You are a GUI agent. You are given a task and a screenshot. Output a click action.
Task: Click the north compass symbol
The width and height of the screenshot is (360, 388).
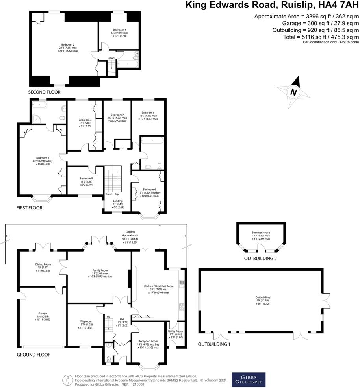coord(293,92)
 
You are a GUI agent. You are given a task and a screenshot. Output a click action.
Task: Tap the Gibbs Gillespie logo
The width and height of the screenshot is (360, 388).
coord(248,380)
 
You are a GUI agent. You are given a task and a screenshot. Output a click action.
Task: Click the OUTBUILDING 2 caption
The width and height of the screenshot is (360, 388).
coord(261,259)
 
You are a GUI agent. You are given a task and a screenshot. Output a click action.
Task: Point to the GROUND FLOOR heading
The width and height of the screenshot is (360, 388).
coord(34,354)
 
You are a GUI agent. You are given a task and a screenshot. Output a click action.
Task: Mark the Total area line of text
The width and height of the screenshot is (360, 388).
coord(320,37)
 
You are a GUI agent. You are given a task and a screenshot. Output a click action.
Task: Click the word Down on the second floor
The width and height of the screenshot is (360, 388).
coord(111,58)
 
